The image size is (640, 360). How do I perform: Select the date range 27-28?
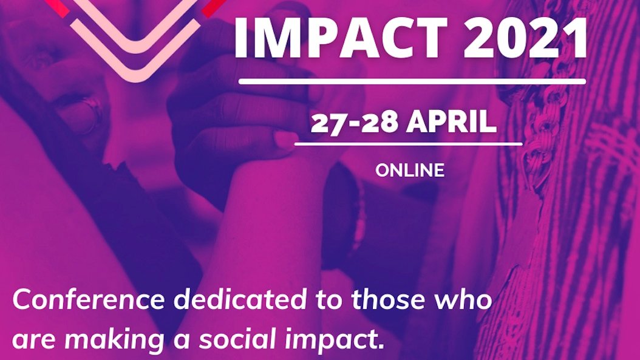click(354, 122)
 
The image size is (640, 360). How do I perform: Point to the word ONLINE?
click(410, 171)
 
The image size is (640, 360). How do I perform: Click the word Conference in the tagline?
click(89, 299)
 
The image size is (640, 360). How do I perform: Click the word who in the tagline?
click(463, 299)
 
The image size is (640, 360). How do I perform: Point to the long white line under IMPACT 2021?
click(412, 81)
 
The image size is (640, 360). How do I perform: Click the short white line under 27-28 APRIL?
click(408, 144)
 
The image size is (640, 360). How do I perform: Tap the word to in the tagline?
click(329, 301)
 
